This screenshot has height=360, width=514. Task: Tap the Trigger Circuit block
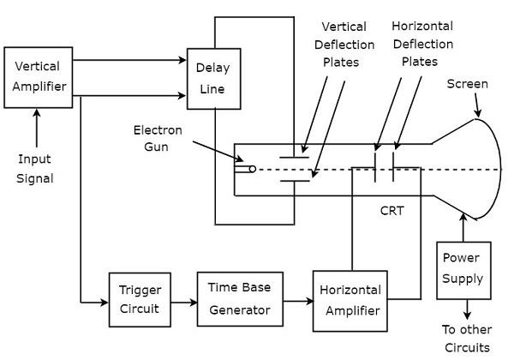tap(140, 298)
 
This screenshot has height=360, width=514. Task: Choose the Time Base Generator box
tap(239, 298)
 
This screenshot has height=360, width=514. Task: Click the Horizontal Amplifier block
tap(350, 298)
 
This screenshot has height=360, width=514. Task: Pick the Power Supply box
tap(463, 268)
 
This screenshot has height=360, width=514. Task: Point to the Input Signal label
tap(35, 168)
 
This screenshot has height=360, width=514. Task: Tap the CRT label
tap(393, 208)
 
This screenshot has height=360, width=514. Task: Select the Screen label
tap(468, 84)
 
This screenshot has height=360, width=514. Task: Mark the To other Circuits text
tap(466, 338)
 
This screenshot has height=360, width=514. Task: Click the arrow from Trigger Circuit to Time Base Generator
tap(183, 302)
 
